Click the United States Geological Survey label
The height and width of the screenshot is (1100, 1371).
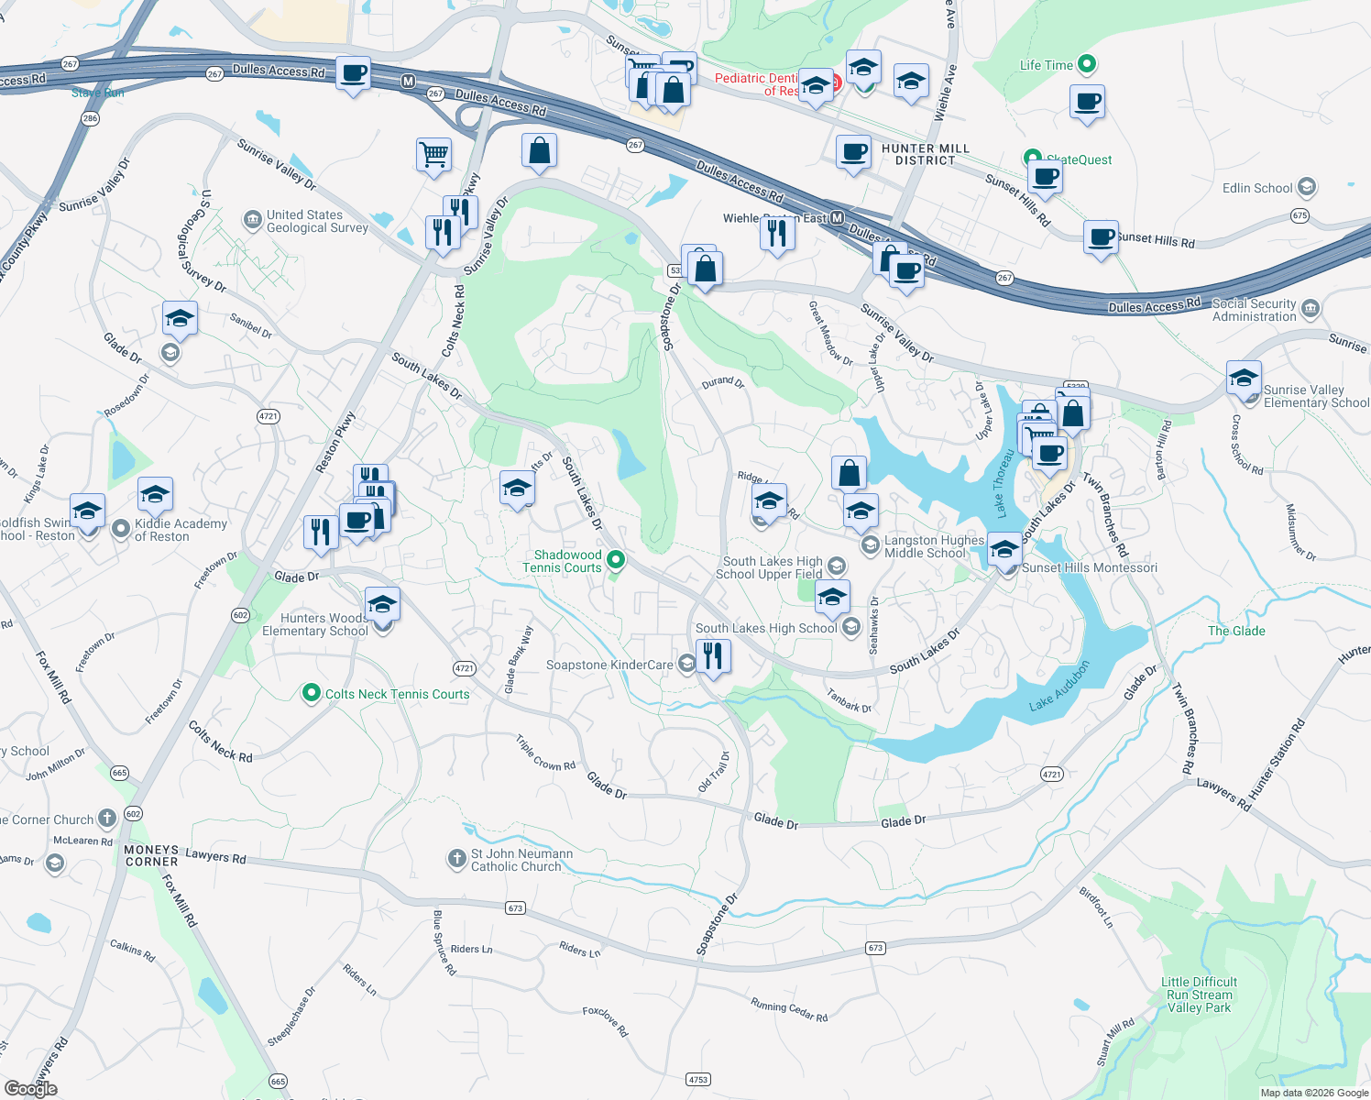pos(316,221)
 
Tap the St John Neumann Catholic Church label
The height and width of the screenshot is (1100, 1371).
pos(521,860)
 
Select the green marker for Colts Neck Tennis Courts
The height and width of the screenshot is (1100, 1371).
pos(312,693)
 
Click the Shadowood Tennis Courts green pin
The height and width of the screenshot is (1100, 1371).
pos(616,559)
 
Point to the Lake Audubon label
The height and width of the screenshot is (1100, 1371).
pos(1058,687)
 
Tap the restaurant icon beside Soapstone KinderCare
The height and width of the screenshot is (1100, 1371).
pos(712,656)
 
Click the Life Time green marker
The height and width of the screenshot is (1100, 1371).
pos(1087,64)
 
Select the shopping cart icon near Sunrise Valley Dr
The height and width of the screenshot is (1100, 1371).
pos(433,154)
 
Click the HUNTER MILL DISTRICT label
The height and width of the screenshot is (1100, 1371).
pos(925,154)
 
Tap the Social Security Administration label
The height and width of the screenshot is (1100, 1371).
pos(1254,310)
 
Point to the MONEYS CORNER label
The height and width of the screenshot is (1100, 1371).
pos(151,855)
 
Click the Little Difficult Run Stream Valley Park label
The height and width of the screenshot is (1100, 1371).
pos(1199,995)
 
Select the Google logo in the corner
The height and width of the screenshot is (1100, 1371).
pos(30,1088)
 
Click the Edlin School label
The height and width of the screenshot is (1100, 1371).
pos(1257,188)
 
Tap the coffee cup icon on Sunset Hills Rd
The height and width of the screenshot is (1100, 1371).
pos(1101,237)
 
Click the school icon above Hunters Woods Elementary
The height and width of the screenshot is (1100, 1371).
pos(382,604)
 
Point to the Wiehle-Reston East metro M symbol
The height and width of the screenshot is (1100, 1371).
pos(837,218)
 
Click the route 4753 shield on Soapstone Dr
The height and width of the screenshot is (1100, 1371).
pos(697,1079)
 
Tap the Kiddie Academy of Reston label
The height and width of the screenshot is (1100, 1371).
pos(181,530)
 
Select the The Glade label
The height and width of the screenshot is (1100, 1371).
pos(1235,631)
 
